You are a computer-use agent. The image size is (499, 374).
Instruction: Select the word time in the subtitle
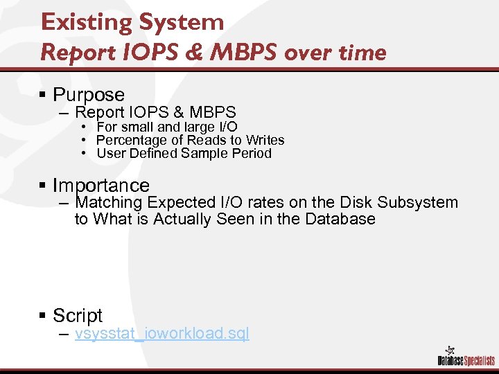point(362,52)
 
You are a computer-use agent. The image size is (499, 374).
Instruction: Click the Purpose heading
point(89,95)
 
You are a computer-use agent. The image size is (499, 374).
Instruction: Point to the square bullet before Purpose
point(43,95)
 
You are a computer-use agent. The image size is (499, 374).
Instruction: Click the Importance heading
point(101,186)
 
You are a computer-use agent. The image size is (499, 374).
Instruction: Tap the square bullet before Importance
point(43,186)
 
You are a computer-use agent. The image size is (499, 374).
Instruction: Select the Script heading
point(78,316)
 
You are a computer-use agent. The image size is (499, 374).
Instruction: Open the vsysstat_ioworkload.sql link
point(161,334)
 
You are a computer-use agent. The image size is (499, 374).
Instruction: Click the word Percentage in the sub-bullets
point(127,140)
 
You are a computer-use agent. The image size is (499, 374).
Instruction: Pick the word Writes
point(265,140)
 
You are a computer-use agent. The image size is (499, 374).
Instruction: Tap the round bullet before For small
point(83,127)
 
